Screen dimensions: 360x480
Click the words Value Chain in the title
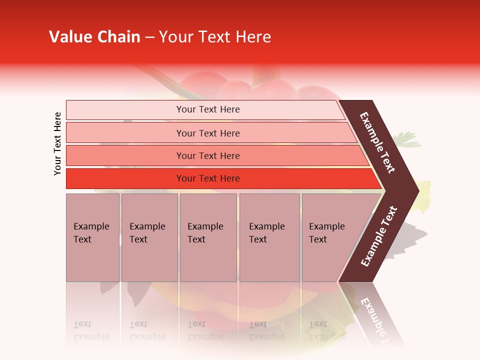pyautogui.click(x=94, y=37)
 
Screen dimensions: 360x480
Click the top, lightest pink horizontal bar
pyautogui.click(x=207, y=109)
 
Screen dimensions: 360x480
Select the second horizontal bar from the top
pyautogui.click(x=207, y=133)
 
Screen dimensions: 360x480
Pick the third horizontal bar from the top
pyautogui.click(x=207, y=155)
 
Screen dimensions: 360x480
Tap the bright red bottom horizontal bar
pyautogui.click(x=207, y=178)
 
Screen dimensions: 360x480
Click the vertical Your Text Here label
pyautogui.click(x=57, y=143)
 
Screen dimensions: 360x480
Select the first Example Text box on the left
pyautogui.click(x=92, y=237)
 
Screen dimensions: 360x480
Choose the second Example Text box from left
pyautogui.click(x=149, y=237)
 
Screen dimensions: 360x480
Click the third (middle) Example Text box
pyautogui.click(x=208, y=237)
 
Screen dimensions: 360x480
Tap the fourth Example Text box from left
pyautogui.click(x=269, y=237)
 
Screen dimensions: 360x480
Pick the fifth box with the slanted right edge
pyautogui.click(x=330, y=237)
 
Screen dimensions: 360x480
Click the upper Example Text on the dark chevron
pyautogui.click(x=377, y=142)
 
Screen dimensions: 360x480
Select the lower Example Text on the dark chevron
pyautogui.click(x=379, y=236)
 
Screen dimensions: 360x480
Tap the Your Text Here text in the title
pyautogui.click(x=215, y=37)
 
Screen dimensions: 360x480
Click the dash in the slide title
pyautogui.click(x=149, y=37)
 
